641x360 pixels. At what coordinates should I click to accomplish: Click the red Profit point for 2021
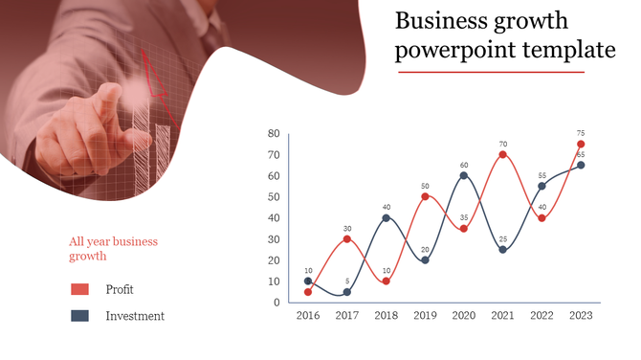502,154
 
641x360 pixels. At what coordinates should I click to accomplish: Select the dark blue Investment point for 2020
464,175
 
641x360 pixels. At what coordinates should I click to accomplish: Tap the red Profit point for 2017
347,238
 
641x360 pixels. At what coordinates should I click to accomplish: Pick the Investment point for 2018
386,217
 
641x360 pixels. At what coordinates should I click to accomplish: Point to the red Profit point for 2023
581,144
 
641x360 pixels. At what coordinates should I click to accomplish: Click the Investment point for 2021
502,249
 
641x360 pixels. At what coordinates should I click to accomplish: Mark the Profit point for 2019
425,196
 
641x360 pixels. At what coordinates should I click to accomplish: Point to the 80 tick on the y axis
274,133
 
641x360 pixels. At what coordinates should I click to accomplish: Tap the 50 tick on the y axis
274,196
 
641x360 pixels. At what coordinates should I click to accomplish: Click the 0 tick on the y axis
276,303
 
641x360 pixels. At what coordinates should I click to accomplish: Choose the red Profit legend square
79,289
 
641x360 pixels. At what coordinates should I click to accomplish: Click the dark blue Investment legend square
79,316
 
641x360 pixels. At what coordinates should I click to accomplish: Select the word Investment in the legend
135,316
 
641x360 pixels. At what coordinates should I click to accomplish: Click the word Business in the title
443,21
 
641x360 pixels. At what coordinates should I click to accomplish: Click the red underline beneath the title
490,72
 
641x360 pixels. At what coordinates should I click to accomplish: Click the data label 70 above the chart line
502,145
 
